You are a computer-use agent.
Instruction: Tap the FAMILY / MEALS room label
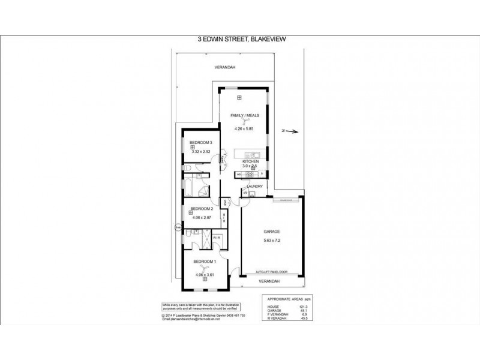click(x=246, y=114)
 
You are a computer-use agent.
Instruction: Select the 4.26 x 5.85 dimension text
click(x=246, y=128)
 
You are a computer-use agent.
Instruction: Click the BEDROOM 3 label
click(x=201, y=142)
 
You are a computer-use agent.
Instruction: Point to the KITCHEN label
click(x=250, y=161)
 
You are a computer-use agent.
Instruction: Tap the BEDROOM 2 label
click(x=202, y=209)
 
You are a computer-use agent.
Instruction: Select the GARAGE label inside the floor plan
click(x=272, y=231)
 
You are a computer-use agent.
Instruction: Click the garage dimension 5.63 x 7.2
click(x=272, y=241)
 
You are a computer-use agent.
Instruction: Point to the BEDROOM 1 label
click(x=204, y=262)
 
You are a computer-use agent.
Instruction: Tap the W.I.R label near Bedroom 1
click(x=216, y=238)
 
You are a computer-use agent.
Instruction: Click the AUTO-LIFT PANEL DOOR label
click(x=272, y=271)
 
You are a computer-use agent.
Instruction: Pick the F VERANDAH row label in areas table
click(x=275, y=314)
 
